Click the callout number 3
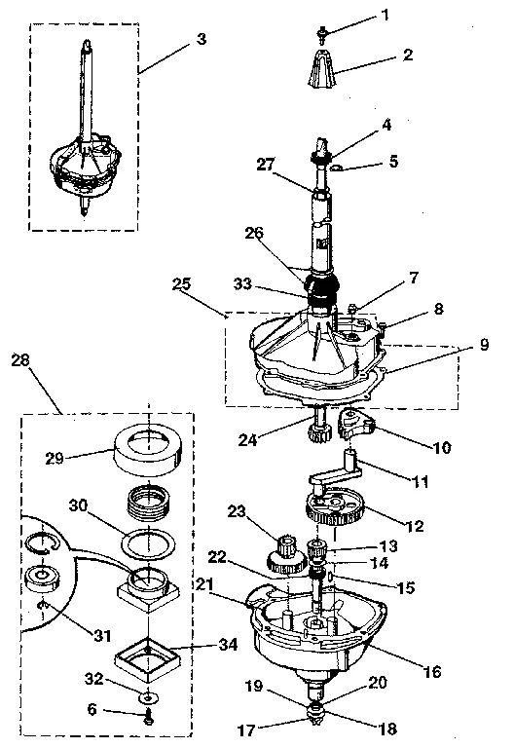tap(201, 39)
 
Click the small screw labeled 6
tap(149, 721)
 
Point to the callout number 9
tap(483, 345)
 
